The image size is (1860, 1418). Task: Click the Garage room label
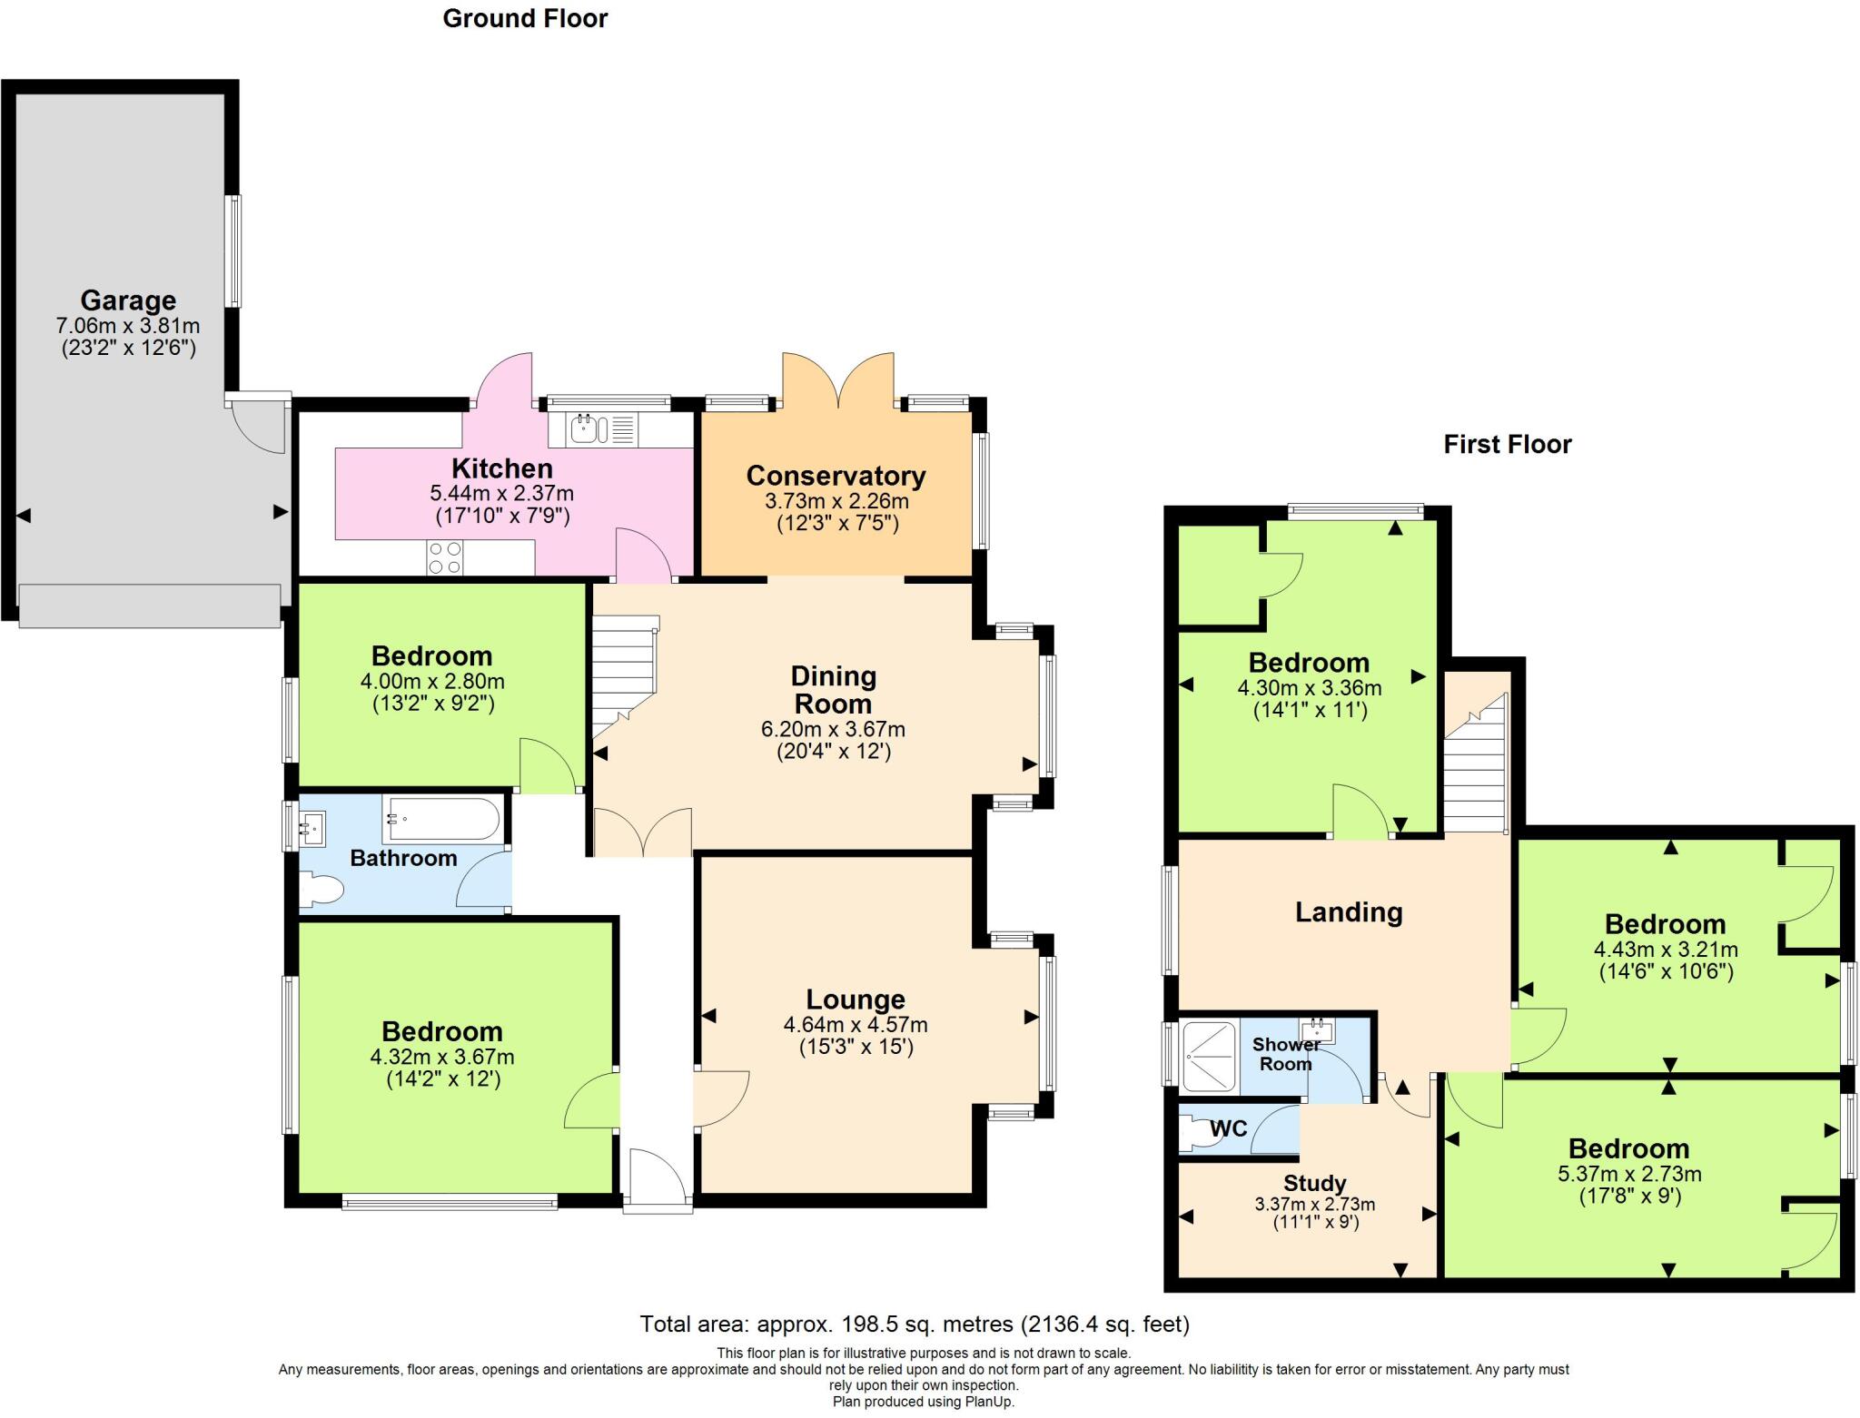point(128,300)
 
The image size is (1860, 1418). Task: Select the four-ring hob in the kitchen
point(444,557)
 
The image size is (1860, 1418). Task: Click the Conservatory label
point(836,476)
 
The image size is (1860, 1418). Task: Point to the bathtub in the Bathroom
point(441,819)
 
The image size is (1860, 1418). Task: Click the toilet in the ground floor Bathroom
point(321,889)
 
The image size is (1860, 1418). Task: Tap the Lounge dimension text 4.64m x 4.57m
point(856,1025)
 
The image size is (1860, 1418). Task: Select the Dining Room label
point(833,690)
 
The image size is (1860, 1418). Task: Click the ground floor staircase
point(624,675)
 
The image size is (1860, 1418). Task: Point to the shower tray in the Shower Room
point(1209,1055)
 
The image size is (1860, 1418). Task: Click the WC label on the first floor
point(1228,1129)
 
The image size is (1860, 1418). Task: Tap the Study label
point(1314,1184)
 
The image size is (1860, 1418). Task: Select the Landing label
point(1349,912)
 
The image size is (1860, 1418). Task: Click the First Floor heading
point(1508,444)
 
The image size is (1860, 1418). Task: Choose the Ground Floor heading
point(525,18)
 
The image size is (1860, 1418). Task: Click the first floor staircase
point(1477,763)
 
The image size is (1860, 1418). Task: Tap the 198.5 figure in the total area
point(873,1324)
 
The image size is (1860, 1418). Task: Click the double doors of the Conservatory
point(839,380)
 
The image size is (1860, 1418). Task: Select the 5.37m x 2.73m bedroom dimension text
point(1629,1174)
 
